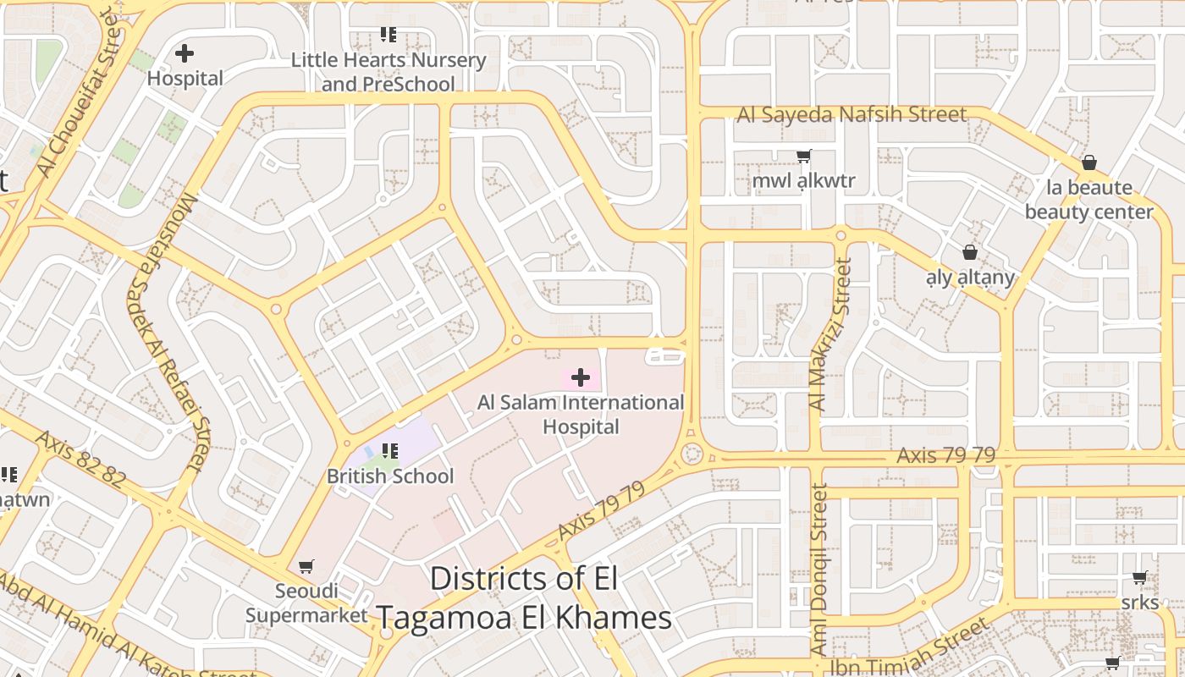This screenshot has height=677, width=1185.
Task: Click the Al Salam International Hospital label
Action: [581, 414]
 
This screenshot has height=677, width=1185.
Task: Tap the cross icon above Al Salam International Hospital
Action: [581, 377]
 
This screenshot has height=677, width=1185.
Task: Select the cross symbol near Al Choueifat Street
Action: [184, 53]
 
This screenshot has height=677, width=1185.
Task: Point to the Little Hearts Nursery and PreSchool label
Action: [389, 72]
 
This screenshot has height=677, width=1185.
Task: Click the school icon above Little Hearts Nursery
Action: [389, 35]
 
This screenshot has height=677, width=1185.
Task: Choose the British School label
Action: [390, 476]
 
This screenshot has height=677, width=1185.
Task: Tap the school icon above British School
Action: [389, 451]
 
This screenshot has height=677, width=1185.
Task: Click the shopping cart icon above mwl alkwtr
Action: [803, 156]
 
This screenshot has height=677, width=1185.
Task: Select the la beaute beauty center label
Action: [1089, 200]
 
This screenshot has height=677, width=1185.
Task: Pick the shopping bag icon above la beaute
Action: [1089, 162]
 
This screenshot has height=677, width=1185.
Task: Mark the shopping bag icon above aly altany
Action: [970, 252]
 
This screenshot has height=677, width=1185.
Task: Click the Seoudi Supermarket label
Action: [306, 603]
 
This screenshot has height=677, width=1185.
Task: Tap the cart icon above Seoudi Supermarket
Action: [306, 566]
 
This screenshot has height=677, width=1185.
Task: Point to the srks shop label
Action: [1139, 603]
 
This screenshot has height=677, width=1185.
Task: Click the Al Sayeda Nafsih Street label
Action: [852, 114]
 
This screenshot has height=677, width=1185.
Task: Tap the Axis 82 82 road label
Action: [81, 460]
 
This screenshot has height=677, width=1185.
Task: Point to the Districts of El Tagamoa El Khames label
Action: [523, 598]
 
